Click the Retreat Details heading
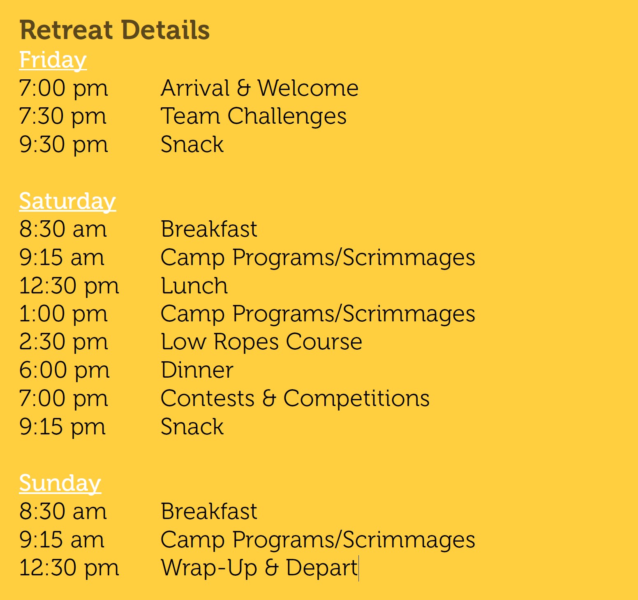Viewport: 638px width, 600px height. pos(115,30)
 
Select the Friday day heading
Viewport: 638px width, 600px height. pos(53,60)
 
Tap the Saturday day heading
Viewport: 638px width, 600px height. pos(67,201)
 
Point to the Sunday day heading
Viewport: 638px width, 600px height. pos(60,483)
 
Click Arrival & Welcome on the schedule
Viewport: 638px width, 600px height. pos(259,88)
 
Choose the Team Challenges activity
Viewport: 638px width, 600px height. pos(254,116)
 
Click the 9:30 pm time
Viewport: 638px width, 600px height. pos(64,145)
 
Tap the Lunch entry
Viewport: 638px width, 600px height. pos(194,286)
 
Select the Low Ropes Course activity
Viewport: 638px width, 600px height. pos(261,342)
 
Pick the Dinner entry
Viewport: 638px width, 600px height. pos(197,370)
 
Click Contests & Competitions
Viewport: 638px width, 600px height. pos(295,399)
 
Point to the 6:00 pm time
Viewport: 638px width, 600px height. pos(65,370)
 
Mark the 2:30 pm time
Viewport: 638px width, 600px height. pos(64,342)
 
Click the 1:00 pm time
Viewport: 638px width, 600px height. pos(63,314)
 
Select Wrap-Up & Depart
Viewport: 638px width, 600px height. pos(259,568)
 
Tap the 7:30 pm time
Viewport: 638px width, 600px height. pos(63,116)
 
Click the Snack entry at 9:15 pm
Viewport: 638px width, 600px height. pos(192,427)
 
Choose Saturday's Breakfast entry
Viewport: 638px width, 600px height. pos(209,229)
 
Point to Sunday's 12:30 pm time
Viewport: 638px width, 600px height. pos(69,568)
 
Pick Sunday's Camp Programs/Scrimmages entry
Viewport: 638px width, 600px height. pos(318,540)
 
